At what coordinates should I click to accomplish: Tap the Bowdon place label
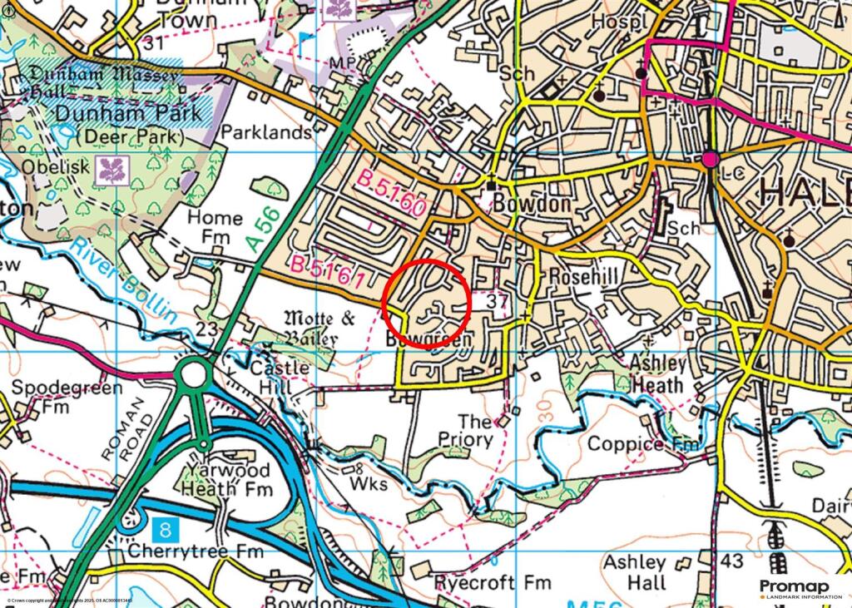pyautogui.click(x=532, y=204)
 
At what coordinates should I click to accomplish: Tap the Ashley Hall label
pyautogui.click(x=634, y=572)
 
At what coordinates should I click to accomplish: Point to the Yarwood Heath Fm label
pyautogui.click(x=226, y=480)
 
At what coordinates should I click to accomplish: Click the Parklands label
pyautogui.click(x=267, y=132)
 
